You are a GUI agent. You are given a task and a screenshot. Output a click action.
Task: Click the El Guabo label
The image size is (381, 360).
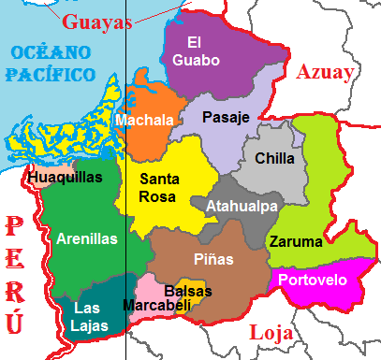point(202,51)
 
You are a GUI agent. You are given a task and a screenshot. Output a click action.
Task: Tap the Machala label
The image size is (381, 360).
point(144,121)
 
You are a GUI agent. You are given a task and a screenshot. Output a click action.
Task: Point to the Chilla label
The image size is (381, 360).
point(274,159)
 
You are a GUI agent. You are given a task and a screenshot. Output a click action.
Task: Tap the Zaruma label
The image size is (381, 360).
point(296,241)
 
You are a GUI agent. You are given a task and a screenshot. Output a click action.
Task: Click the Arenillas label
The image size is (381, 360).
point(87,238)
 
